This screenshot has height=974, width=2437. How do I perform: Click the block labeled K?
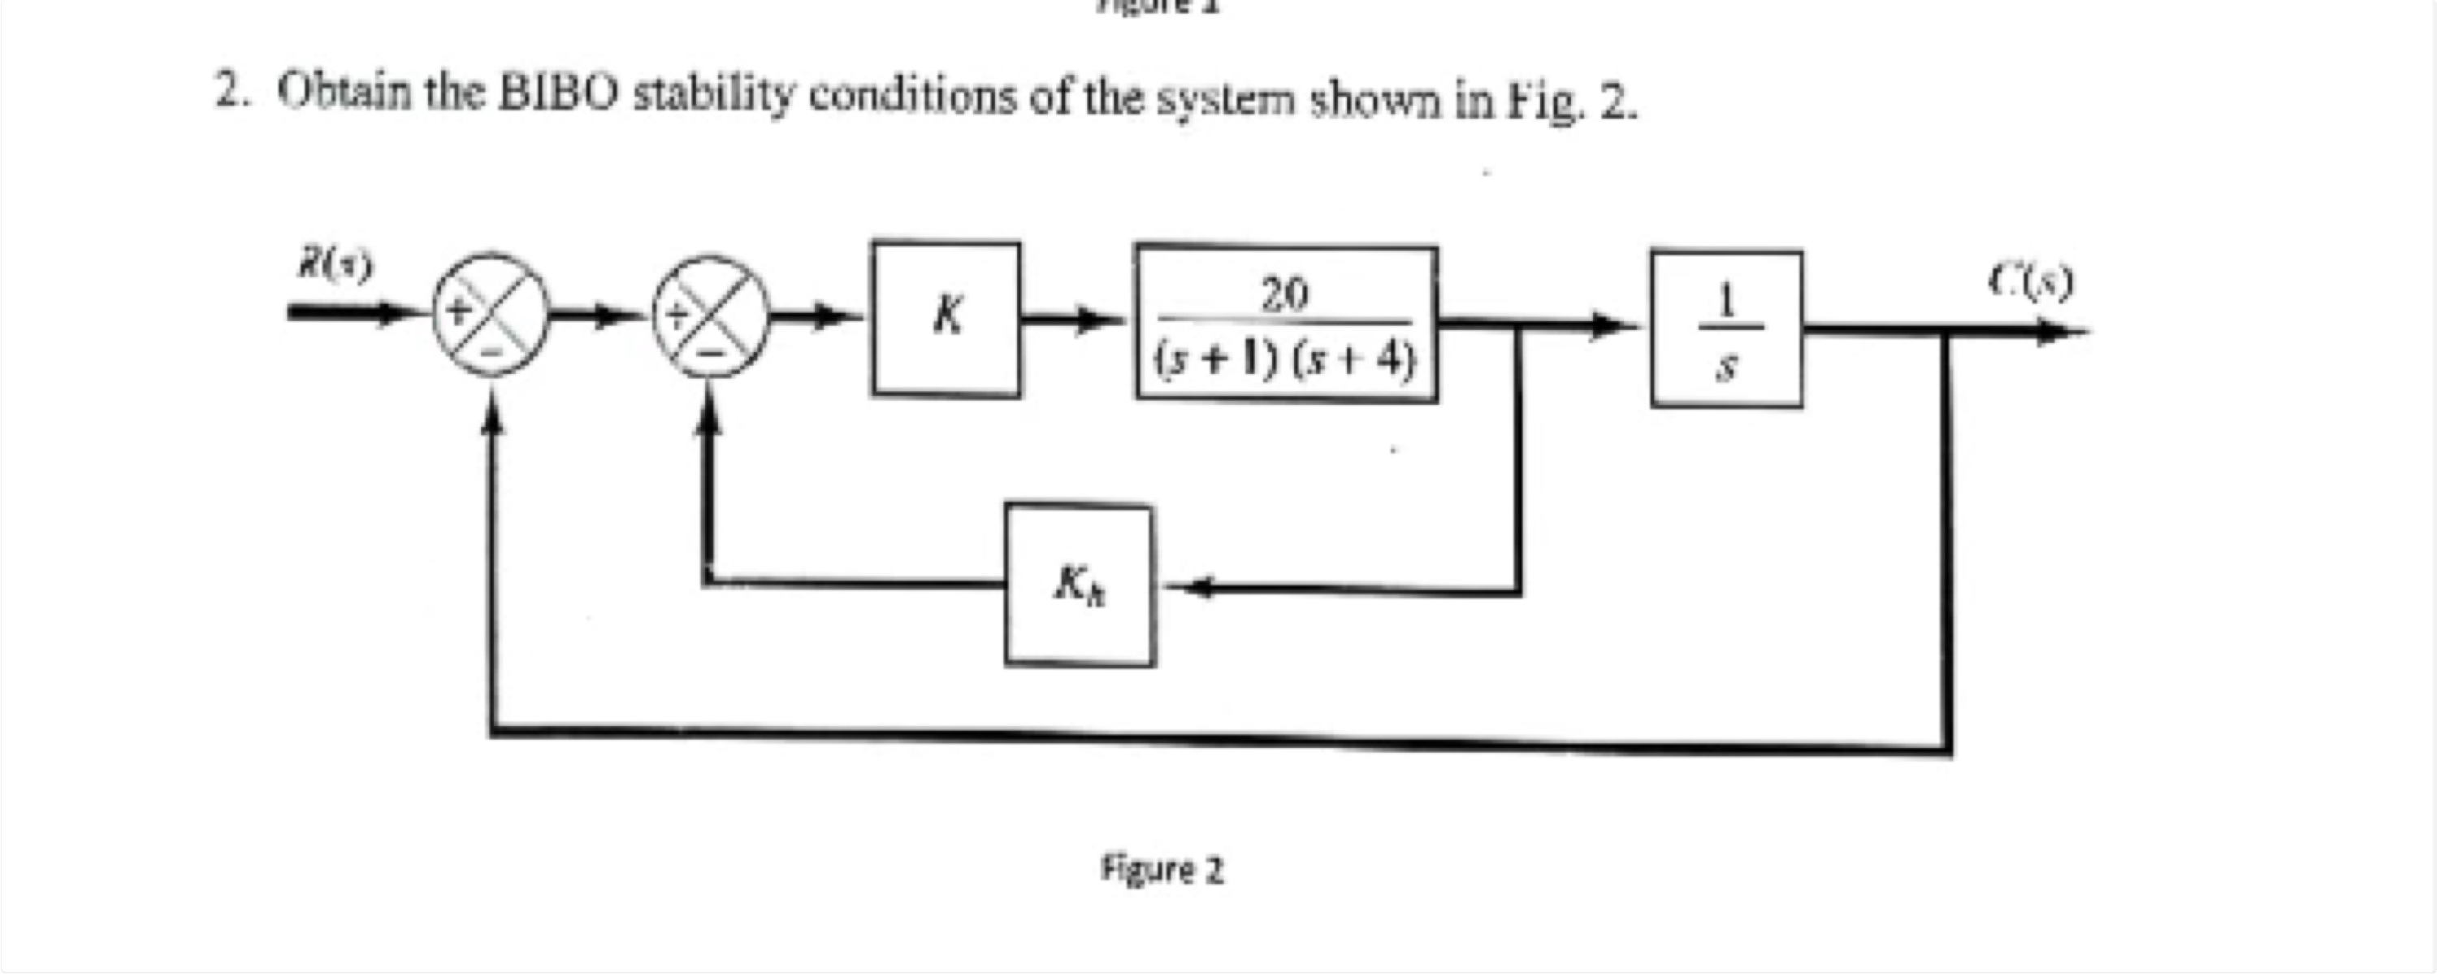pos(946,319)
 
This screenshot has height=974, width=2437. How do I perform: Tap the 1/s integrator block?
pos(1726,328)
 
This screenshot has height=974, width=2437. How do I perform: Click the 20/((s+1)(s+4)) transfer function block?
pos(1287,324)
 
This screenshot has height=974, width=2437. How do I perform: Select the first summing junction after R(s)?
pos(490,313)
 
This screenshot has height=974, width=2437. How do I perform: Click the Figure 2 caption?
pos(1162,869)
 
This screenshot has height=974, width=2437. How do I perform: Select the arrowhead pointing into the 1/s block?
pos(1617,327)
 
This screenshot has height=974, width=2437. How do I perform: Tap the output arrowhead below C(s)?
pos(2063,331)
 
